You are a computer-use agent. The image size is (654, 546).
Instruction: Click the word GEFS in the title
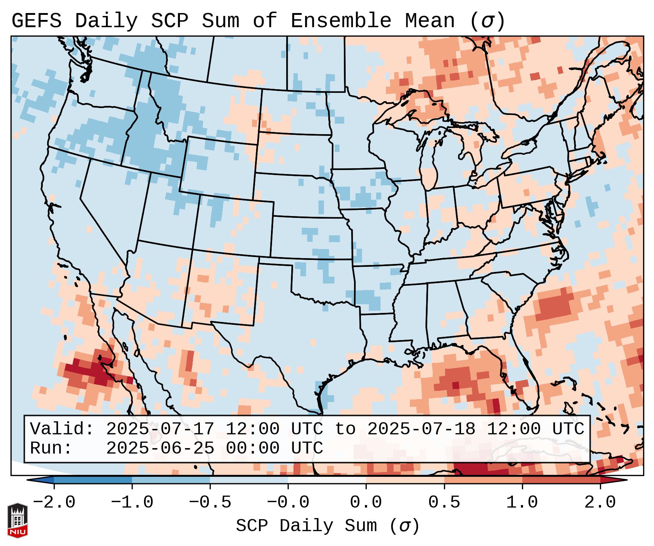[x=36, y=21]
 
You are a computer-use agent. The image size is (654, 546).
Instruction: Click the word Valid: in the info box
[x=62, y=429]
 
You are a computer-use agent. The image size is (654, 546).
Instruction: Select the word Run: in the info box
[x=51, y=448]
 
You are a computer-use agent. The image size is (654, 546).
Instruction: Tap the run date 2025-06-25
[x=160, y=448]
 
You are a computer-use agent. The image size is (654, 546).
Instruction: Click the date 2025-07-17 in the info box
[x=160, y=429]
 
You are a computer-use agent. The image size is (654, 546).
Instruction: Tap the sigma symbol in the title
[x=487, y=21]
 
